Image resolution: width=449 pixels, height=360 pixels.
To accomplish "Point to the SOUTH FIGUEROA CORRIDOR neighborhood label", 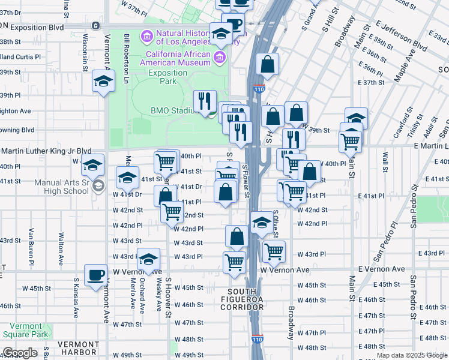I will click(x=245, y=299).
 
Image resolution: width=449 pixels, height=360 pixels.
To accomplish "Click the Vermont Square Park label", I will click(x=25, y=329).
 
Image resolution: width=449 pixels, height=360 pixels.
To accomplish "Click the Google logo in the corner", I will click(x=19, y=353).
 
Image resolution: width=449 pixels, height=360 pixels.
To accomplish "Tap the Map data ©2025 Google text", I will click(x=412, y=355).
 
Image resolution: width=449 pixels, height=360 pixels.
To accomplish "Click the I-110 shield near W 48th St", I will click(x=257, y=340).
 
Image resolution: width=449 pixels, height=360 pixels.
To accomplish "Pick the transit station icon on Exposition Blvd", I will click(x=95, y=26).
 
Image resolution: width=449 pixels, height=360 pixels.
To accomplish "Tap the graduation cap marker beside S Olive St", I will click(x=261, y=223).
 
